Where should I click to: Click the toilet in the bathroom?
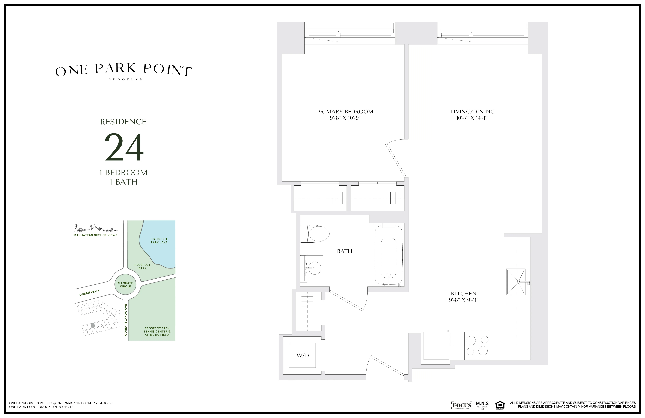coord(315,233)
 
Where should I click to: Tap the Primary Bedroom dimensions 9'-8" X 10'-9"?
coord(345,118)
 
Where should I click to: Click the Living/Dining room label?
coord(472,112)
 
